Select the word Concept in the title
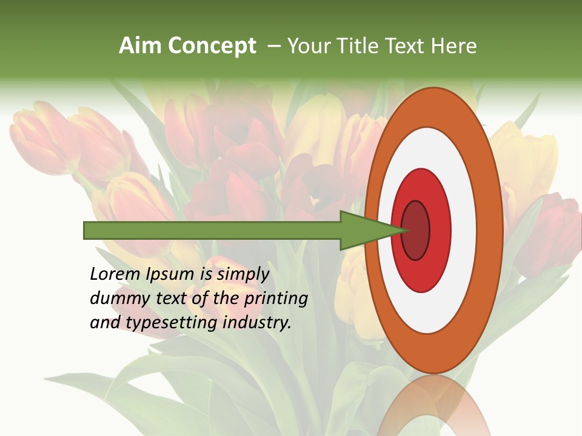[212, 47]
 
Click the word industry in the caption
[257, 323]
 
